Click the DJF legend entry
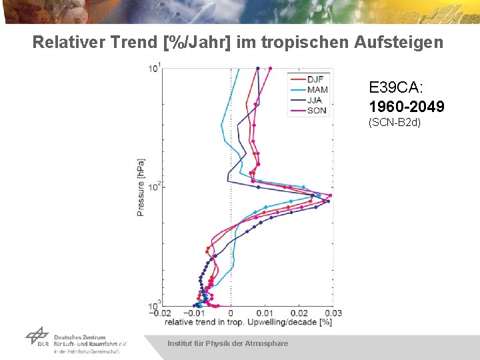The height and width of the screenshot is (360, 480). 315,80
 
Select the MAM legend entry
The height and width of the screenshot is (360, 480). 317,90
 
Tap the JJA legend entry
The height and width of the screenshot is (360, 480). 314,100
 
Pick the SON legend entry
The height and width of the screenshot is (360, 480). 317,110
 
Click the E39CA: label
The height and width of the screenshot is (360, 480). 396,87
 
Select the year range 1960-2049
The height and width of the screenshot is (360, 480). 407,107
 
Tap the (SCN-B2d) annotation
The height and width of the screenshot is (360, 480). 395,123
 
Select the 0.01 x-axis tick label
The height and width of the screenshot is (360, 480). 264,313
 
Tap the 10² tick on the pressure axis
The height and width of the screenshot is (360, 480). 153,186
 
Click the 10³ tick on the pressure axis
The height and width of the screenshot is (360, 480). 153,305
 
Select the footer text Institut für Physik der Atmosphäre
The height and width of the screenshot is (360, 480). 228,343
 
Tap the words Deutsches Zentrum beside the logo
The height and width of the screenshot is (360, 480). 79,338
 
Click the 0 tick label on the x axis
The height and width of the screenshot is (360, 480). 231,313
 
